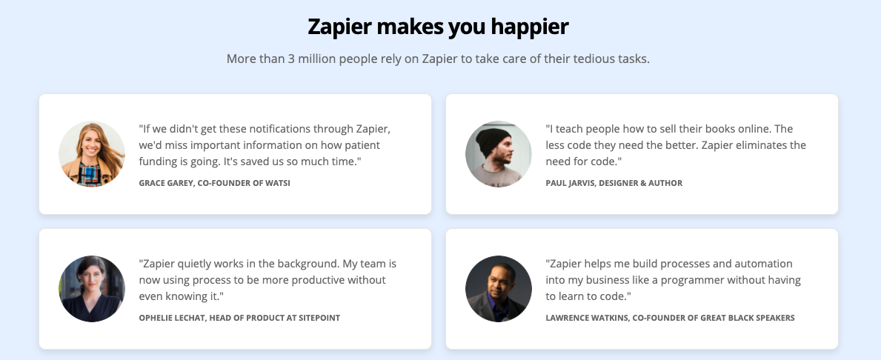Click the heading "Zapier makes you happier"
tap(438, 27)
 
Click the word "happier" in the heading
tap(530, 27)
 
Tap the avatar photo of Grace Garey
tap(92, 154)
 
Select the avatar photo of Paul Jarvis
tap(499, 154)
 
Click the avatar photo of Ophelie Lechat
tap(92, 289)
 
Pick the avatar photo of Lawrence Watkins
tap(499, 289)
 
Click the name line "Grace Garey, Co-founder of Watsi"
tap(215, 183)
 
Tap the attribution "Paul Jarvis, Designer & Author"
tap(614, 183)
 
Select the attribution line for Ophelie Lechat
tap(239, 318)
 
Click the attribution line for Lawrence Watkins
tap(671, 318)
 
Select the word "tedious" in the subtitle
tap(594, 59)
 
